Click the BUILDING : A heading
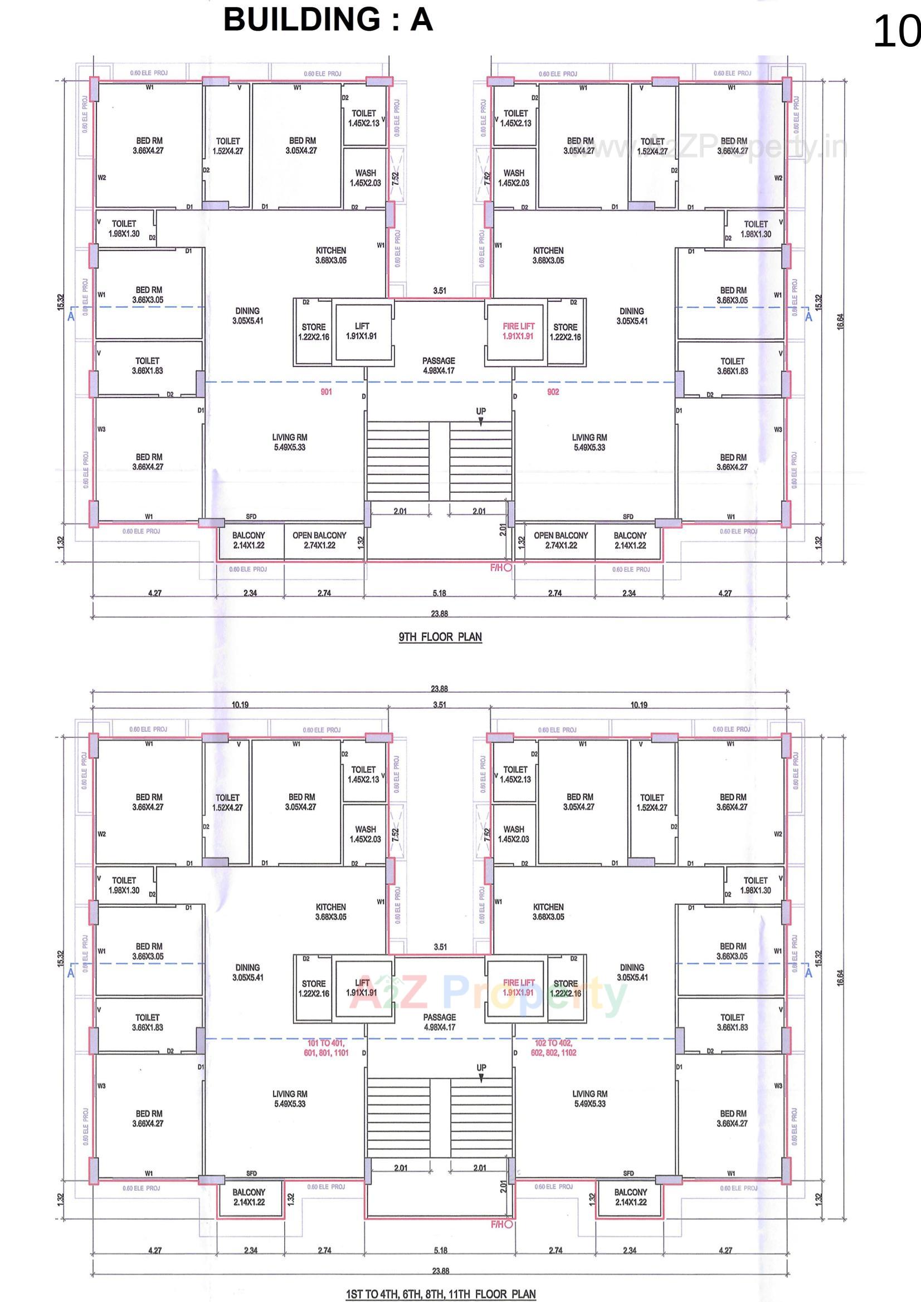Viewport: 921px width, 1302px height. point(328,21)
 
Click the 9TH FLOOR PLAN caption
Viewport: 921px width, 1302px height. point(440,637)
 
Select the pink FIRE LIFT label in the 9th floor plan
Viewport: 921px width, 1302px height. point(518,331)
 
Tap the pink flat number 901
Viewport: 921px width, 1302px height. point(326,392)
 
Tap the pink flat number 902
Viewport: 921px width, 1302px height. point(553,392)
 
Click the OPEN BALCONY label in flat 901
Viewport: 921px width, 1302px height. point(319,540)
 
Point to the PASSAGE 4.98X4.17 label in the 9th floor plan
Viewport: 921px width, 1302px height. point(438,366)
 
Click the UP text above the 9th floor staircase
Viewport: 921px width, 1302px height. point(481,410)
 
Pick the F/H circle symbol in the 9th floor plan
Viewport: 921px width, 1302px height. point(508,567)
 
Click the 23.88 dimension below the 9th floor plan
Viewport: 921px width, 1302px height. point(439,614)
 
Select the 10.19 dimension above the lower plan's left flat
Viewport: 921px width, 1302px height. point(240,705)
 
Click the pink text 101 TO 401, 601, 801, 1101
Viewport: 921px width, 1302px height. point(326,1048)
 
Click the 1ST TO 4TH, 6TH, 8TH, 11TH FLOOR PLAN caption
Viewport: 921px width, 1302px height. point(440,1294)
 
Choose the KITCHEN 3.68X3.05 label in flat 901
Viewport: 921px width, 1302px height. point(331,255)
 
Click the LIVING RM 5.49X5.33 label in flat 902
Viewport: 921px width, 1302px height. point(589,442)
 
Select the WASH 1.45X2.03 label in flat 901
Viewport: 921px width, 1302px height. point(366,178)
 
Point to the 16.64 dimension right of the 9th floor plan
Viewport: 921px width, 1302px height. point(840,321)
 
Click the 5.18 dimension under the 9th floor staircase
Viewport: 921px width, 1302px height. point(439,593)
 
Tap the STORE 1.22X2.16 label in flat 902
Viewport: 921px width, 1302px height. point(565,332)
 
